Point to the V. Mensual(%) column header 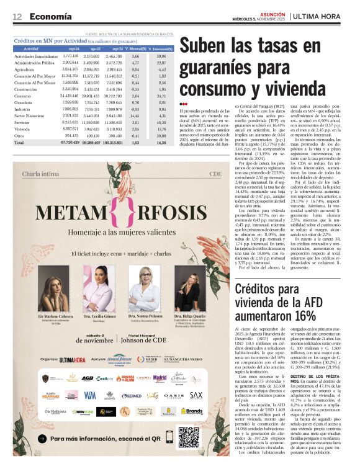pyautogui.click(x=136, y=48)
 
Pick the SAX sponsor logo pyautogui.click(x=196, y=395)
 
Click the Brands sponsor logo pyautogui.click(x=191, y=411)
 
